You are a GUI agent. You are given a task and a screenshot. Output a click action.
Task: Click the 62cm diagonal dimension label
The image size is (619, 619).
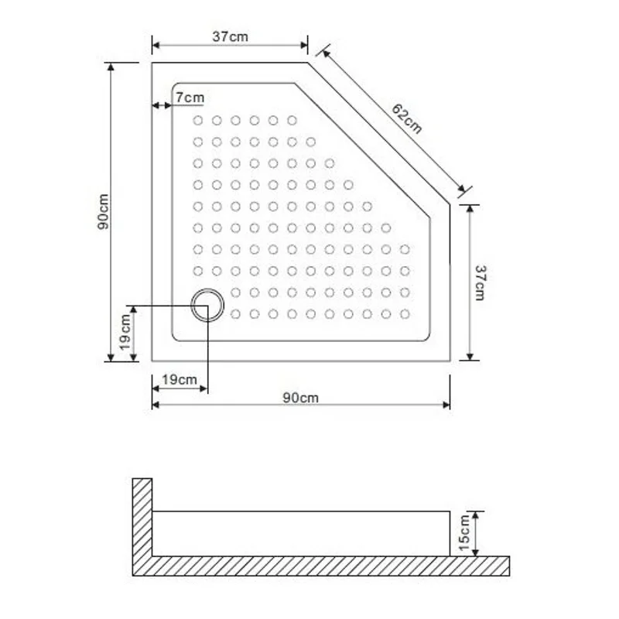[407, 118]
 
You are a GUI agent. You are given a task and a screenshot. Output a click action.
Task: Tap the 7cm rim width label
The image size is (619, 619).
[190, 97]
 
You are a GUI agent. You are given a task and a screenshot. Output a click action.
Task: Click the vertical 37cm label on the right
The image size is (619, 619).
[480, 282]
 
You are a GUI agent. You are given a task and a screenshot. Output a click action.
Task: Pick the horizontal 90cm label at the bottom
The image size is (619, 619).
[300, 398]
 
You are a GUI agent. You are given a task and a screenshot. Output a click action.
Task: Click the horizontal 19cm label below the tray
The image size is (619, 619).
[179, 380]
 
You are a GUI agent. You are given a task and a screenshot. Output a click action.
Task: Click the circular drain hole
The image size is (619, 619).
[207, 305]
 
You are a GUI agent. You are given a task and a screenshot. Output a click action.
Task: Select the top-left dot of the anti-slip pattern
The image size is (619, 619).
[197, 121]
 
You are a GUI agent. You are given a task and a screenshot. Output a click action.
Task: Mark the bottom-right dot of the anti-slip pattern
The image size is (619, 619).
[405, 313]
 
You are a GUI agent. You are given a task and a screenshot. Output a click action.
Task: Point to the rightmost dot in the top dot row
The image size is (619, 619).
[292, 121]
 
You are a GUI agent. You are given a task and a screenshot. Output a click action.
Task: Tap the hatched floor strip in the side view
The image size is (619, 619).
[325, 566]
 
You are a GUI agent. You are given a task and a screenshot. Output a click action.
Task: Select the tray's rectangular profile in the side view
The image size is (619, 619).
[302, 533]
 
